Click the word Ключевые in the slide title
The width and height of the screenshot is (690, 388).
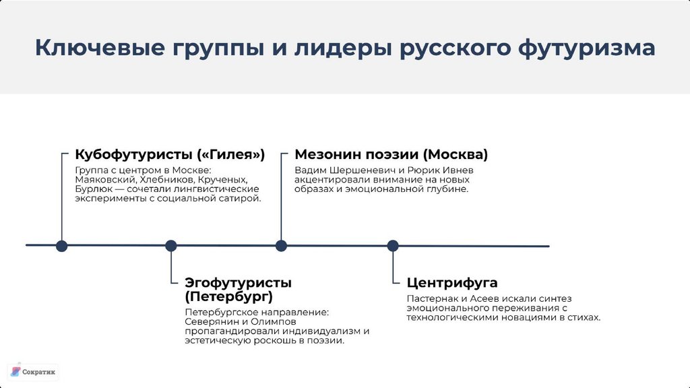[x=100, y=48]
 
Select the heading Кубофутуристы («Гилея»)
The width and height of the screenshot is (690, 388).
[x=170, y=154]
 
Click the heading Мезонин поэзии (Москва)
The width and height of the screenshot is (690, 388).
[x=391, y=154]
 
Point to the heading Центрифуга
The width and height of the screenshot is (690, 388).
[x=452, y=282]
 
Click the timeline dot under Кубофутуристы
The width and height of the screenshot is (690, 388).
[x=62, y=246]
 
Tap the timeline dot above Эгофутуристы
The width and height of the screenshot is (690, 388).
[x=171, y=246]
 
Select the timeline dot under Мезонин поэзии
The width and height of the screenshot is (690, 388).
[x=281, y=246]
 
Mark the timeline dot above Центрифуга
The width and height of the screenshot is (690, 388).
[x=393, y=246]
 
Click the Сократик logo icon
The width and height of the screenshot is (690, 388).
[x=15, y=371]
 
